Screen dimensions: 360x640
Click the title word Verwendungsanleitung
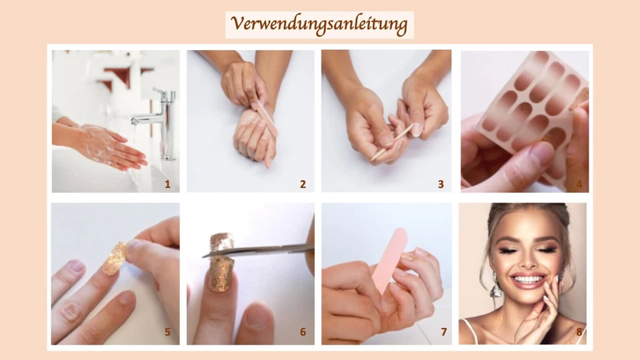[319, 25]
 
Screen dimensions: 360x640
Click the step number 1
[167, 184]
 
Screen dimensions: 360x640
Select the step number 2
[303, 184]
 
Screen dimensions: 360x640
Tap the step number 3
[441, 184]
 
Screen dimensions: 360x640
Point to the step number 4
[579, 184]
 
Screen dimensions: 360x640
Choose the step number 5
[167, 331]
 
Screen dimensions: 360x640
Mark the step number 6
[303, 331]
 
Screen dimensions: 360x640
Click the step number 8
[579, 331]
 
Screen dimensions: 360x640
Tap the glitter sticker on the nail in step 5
[115, 258]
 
